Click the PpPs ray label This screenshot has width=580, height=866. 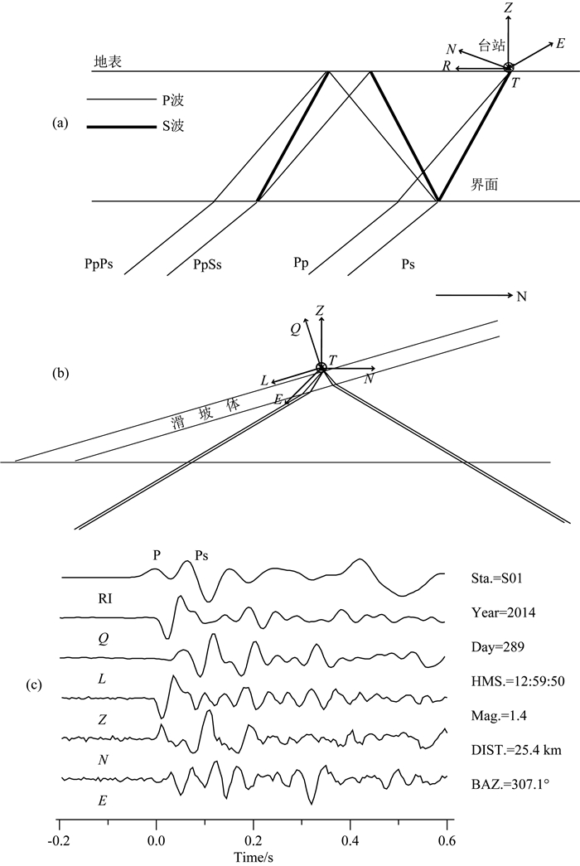tap(98, 265)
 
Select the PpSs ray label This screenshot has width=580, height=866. tap(206, 265)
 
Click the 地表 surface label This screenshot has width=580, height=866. tap(109, 61)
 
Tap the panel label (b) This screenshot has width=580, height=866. tap(60, 374)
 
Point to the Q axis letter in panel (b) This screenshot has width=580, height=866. tap(295, 328)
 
